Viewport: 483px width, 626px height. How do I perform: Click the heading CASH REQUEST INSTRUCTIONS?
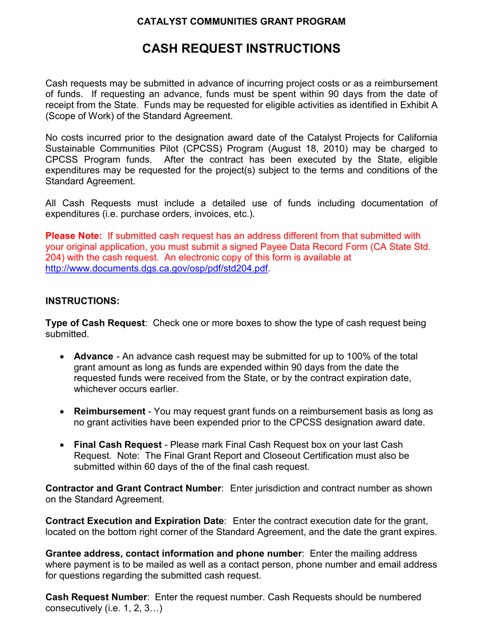(x=241, y=49)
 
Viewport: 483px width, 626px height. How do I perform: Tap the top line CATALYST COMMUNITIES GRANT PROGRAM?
(x=242, y=21)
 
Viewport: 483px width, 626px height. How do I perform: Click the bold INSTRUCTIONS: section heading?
(x=82, y=301)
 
